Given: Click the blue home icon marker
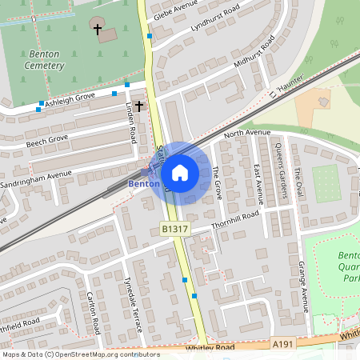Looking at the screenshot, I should point(180,173).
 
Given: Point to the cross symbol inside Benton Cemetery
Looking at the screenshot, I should point(98,30).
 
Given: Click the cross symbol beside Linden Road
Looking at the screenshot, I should point(139,105).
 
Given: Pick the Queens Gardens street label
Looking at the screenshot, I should point(280,169).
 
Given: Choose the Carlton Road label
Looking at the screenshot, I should point(92,314).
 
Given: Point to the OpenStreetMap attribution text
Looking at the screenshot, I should point(80,354).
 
